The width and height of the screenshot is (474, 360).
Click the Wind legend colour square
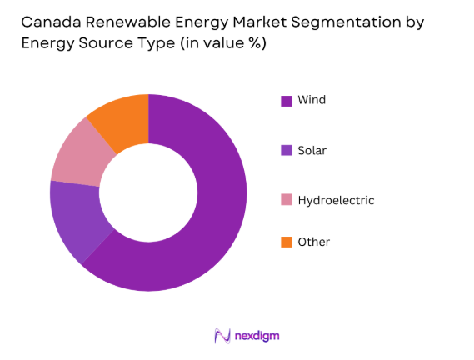(x=286, y=101)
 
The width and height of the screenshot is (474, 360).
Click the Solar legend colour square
(x=286, y=151)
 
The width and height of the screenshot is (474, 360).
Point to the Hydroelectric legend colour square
(x=286, y=200)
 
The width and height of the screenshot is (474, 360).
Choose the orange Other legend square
(x=286, y=242)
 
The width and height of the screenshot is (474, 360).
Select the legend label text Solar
(x=313, y=150)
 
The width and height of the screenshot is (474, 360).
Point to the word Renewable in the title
(x=122, y=22)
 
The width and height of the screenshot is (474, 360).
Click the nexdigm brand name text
(x=257, y=336)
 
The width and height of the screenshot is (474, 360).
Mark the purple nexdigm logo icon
(x=222, y=335)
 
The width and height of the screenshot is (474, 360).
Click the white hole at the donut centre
(x=148, y=192)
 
